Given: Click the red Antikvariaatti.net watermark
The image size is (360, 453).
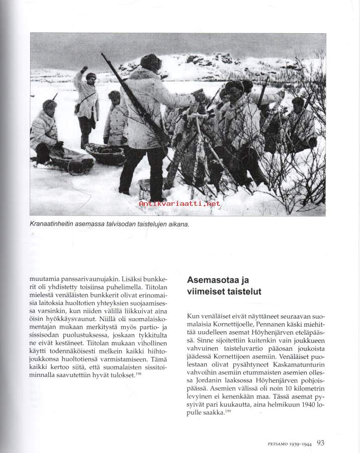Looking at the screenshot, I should tap(179, 204).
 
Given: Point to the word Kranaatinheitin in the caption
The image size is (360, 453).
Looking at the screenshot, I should tap(57, 224).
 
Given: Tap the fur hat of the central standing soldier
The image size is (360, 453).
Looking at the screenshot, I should tap(150, 61).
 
